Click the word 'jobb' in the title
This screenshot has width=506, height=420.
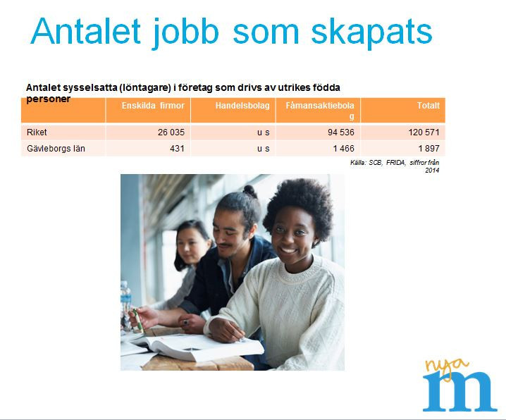coord(185,33)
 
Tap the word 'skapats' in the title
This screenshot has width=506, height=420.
coord(371,33)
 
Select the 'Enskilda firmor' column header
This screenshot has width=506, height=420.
coord(153,106)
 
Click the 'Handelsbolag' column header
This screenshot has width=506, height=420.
coord(242,106)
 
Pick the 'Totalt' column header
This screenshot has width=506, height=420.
coord(428,106)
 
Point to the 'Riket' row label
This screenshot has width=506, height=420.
coord(37,132)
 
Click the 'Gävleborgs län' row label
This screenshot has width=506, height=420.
coord(56,149)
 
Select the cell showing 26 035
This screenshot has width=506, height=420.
coord(171,132)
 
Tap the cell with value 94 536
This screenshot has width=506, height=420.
coord(341,132)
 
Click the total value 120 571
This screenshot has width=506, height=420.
coord(424,132)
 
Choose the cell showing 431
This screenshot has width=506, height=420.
coord(177,149)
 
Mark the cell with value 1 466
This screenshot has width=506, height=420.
coord(344,149)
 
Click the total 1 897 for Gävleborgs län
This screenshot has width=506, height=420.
coord(429,149)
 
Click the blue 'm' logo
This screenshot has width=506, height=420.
coord(459,391)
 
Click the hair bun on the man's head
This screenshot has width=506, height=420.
coord(250,191)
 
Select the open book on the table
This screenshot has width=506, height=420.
coord(197,347)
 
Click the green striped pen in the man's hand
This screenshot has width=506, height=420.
coord(138,321)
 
